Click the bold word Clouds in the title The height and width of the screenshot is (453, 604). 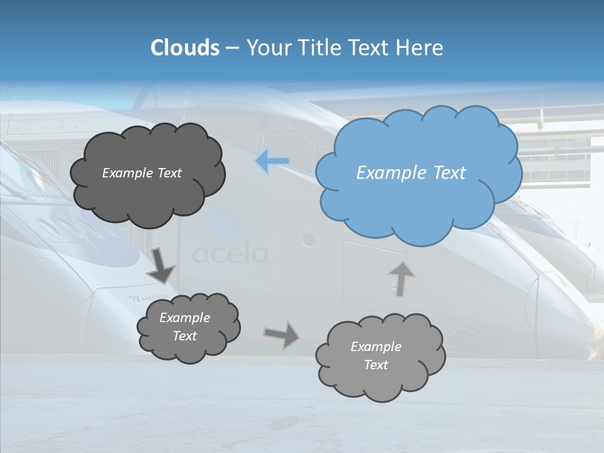point(184,48)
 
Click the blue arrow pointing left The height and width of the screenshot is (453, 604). point(272,161)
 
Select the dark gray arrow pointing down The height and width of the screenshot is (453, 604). point(161,265)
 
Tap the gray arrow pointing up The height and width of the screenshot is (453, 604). point(401,279)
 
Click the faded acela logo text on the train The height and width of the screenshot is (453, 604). point(230,254)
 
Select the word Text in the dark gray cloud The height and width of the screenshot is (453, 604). point(169,173)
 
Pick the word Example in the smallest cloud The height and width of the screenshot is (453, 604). point(184,318)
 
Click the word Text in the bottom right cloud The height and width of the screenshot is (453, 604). point(376,365)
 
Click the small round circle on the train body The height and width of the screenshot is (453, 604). point(308,239)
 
